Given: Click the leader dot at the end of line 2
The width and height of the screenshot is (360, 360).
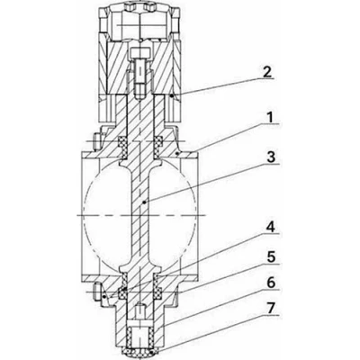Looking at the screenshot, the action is [x=172, y=94].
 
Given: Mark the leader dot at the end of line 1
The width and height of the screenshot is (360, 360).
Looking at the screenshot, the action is [x=180, y=155].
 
